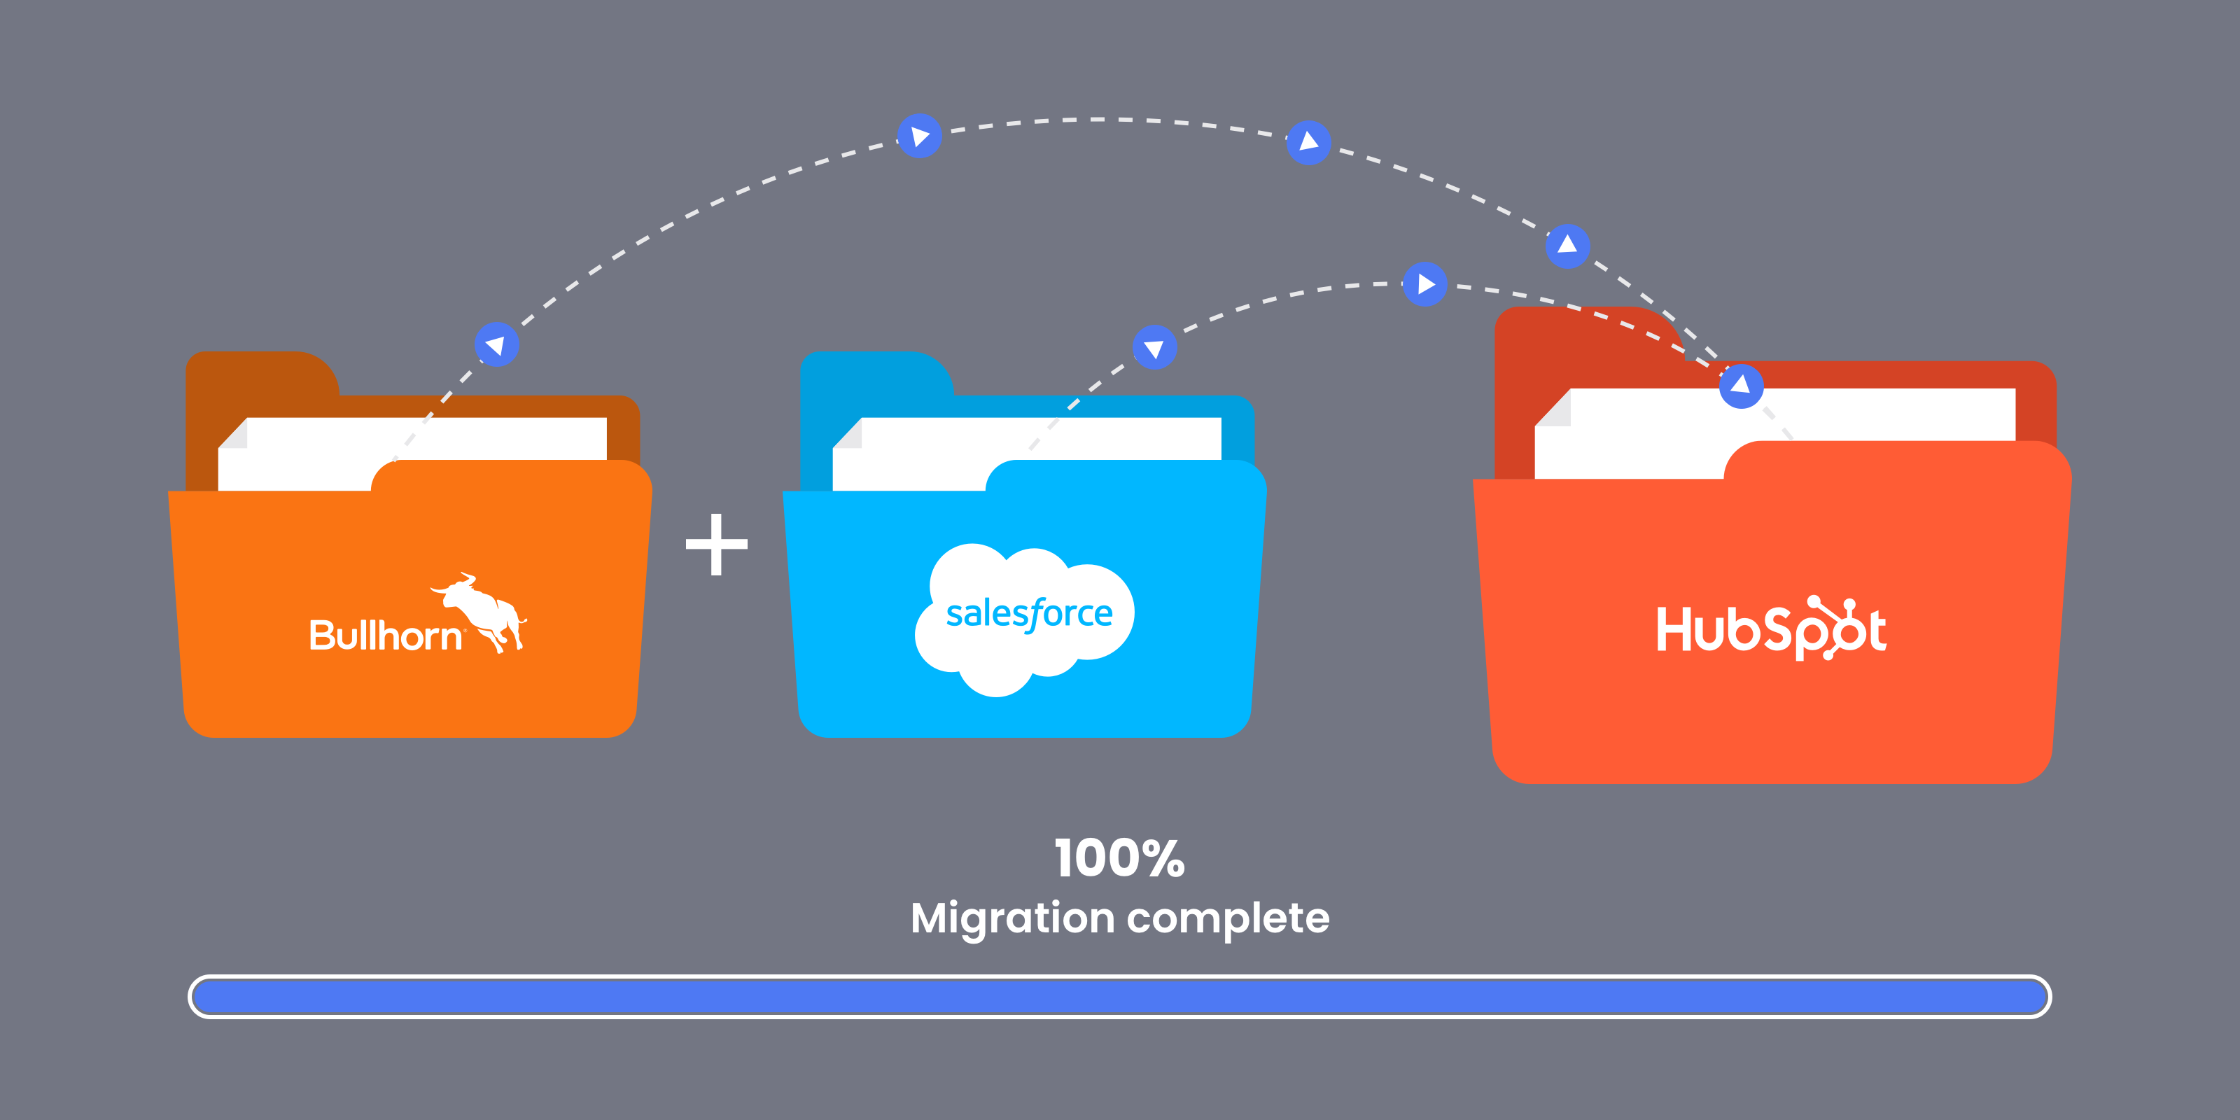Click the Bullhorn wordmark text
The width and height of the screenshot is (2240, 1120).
click(x=384, y=636)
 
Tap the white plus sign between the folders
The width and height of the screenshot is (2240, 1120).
click(x=717, y=545)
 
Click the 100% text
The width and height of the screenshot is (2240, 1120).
click(x=1119, y=859)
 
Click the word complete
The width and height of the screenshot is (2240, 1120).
click(x=1228, y=918)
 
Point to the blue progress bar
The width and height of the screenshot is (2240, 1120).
click(x=1119, y=997)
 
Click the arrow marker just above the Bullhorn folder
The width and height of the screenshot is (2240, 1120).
click(x=496, y=344)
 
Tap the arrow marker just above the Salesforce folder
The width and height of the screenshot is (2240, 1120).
click(x=1155, y=348)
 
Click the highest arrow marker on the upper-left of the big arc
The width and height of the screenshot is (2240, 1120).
click(x=919, y=136)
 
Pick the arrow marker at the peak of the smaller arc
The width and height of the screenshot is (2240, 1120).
click(x=1424, y=284)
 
